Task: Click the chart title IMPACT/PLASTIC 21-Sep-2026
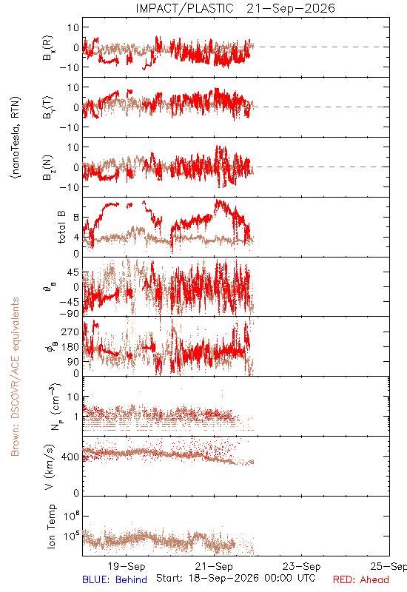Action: [235, 8]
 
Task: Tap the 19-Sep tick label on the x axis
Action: [127, 566]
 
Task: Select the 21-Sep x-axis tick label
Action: [214, 566]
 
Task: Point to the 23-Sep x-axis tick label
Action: [302, 566]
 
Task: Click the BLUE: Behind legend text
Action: [115, 579]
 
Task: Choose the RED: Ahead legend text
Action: [360, 579]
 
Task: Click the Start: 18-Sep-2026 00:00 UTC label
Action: [235, 578]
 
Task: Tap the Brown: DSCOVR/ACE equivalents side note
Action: [15, 377]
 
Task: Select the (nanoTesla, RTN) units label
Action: [16, 138]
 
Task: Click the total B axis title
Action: [61, 227]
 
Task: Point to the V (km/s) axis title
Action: [50, 467]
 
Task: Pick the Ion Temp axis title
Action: [51, 526]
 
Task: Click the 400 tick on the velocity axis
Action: [70, 457]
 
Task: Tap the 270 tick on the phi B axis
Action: [70, 332]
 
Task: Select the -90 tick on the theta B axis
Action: [69, 313]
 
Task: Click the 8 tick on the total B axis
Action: [76, 218]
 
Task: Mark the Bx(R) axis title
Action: [48, 47]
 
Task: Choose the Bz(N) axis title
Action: [48, 167]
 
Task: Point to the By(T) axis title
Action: [48, 107]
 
